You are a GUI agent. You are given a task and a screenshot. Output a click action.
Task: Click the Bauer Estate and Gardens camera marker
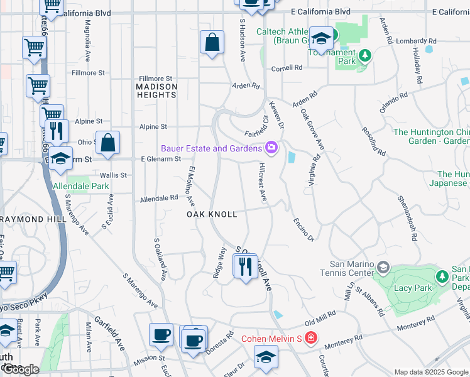271,148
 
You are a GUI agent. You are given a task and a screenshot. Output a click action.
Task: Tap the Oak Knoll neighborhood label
212,214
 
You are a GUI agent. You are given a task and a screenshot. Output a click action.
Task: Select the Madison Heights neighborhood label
156,90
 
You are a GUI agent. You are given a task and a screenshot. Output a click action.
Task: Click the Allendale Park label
80,187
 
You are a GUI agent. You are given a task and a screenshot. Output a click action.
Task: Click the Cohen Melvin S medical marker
311,339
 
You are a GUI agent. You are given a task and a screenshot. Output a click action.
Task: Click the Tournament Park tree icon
364,58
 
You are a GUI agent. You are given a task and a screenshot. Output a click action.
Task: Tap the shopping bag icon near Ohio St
108,142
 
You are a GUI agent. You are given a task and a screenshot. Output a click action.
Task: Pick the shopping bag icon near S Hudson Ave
212,43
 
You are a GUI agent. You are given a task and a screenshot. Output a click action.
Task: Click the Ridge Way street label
219,261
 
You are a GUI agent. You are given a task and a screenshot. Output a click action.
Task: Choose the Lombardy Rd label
412,41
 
